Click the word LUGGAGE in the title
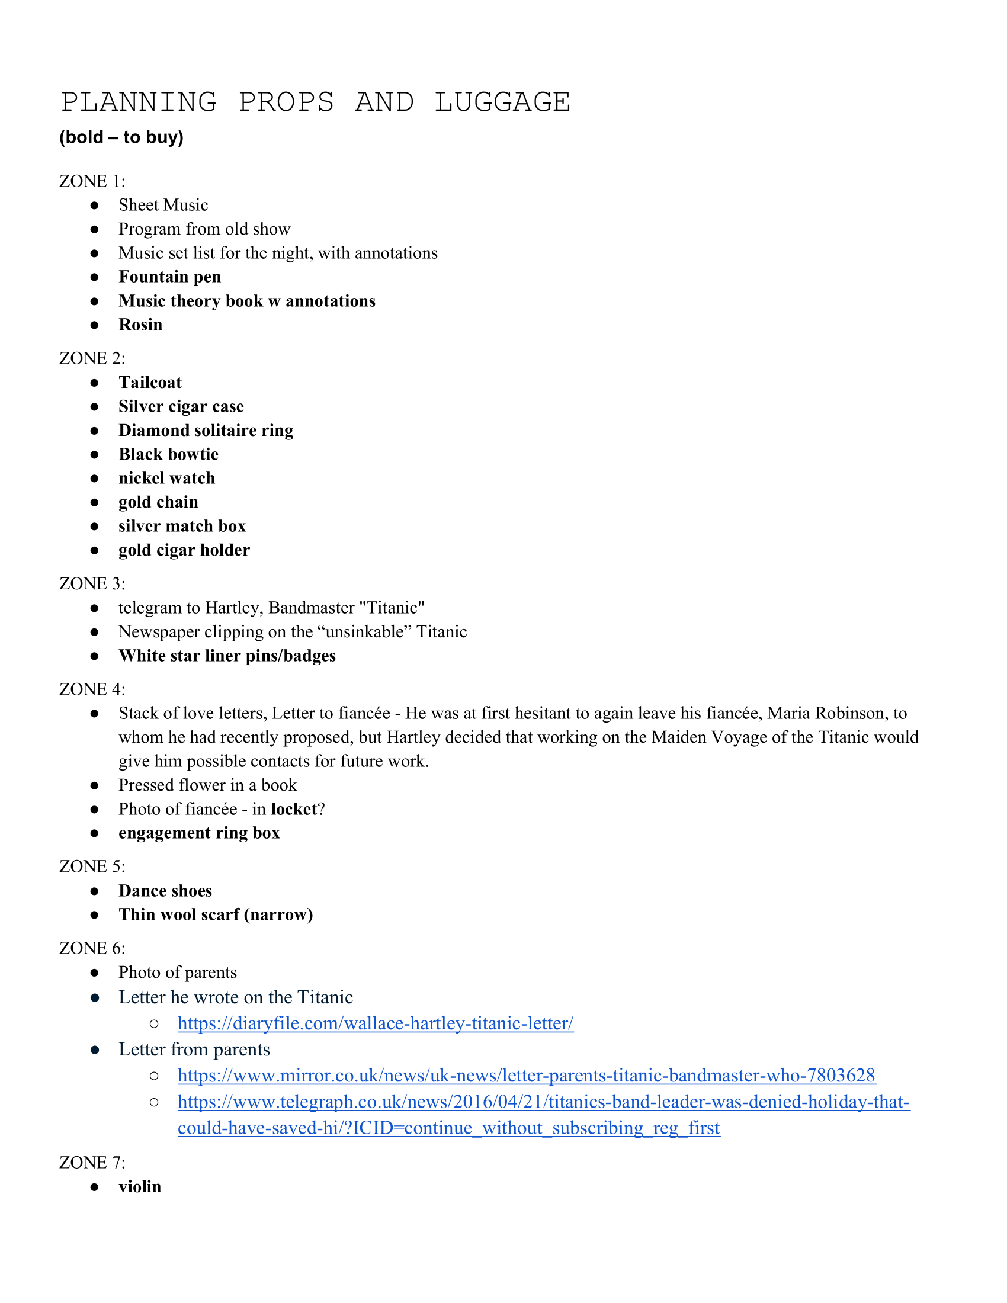[502, 102]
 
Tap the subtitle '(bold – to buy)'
[121, 137]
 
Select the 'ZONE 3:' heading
[92, 583]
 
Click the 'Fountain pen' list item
[169, 277]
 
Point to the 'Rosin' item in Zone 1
[140, 325]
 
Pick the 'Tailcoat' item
[150, 383]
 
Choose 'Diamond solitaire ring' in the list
[206, 430]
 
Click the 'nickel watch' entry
[166, 478]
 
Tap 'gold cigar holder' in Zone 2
[184, 550]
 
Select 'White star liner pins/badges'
[227, 656]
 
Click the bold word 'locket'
[293, 809]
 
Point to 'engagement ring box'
[198, 833]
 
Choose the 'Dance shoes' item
[165, 891]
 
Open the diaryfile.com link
[375, 1024]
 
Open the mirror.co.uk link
[526, 1076]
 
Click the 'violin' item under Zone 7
[140, 1187]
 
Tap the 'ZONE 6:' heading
[92, 948]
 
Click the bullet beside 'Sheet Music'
[94, 206]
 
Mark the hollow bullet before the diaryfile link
[154, 1025]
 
